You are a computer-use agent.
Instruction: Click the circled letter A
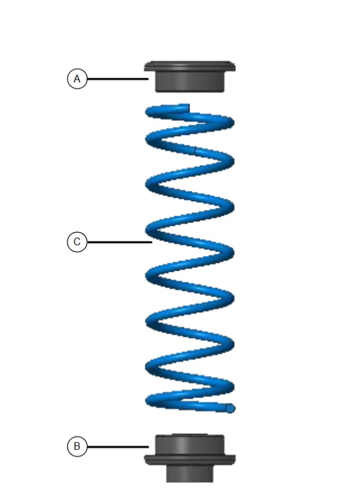(x=77, y=79)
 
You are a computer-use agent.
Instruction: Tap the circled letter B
(x=77, y=446)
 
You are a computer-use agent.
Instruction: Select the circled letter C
(x=77, y=242)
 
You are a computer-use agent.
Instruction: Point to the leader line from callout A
(x=117, y=79)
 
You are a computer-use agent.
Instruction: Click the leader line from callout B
(x=117, y=447)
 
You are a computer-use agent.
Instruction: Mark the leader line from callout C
(x=119, y=242)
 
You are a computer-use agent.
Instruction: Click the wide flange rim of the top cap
(x=190, y=66)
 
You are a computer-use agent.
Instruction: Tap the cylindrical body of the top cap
(x=190, y=82)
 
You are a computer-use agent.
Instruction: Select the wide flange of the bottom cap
(x=190, y=460)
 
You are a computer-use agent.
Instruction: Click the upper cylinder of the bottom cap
(x=190, y=444)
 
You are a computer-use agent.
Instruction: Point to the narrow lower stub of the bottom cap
(x=189, y=473)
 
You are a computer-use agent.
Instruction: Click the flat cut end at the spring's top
(x=189, y=108)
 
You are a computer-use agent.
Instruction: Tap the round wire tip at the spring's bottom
(x=231, y=408)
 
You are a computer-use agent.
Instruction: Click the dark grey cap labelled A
(x=190, y=76)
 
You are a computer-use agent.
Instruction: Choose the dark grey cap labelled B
(x=190, y=458)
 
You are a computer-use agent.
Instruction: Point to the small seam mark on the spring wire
(x=195, y=150)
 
